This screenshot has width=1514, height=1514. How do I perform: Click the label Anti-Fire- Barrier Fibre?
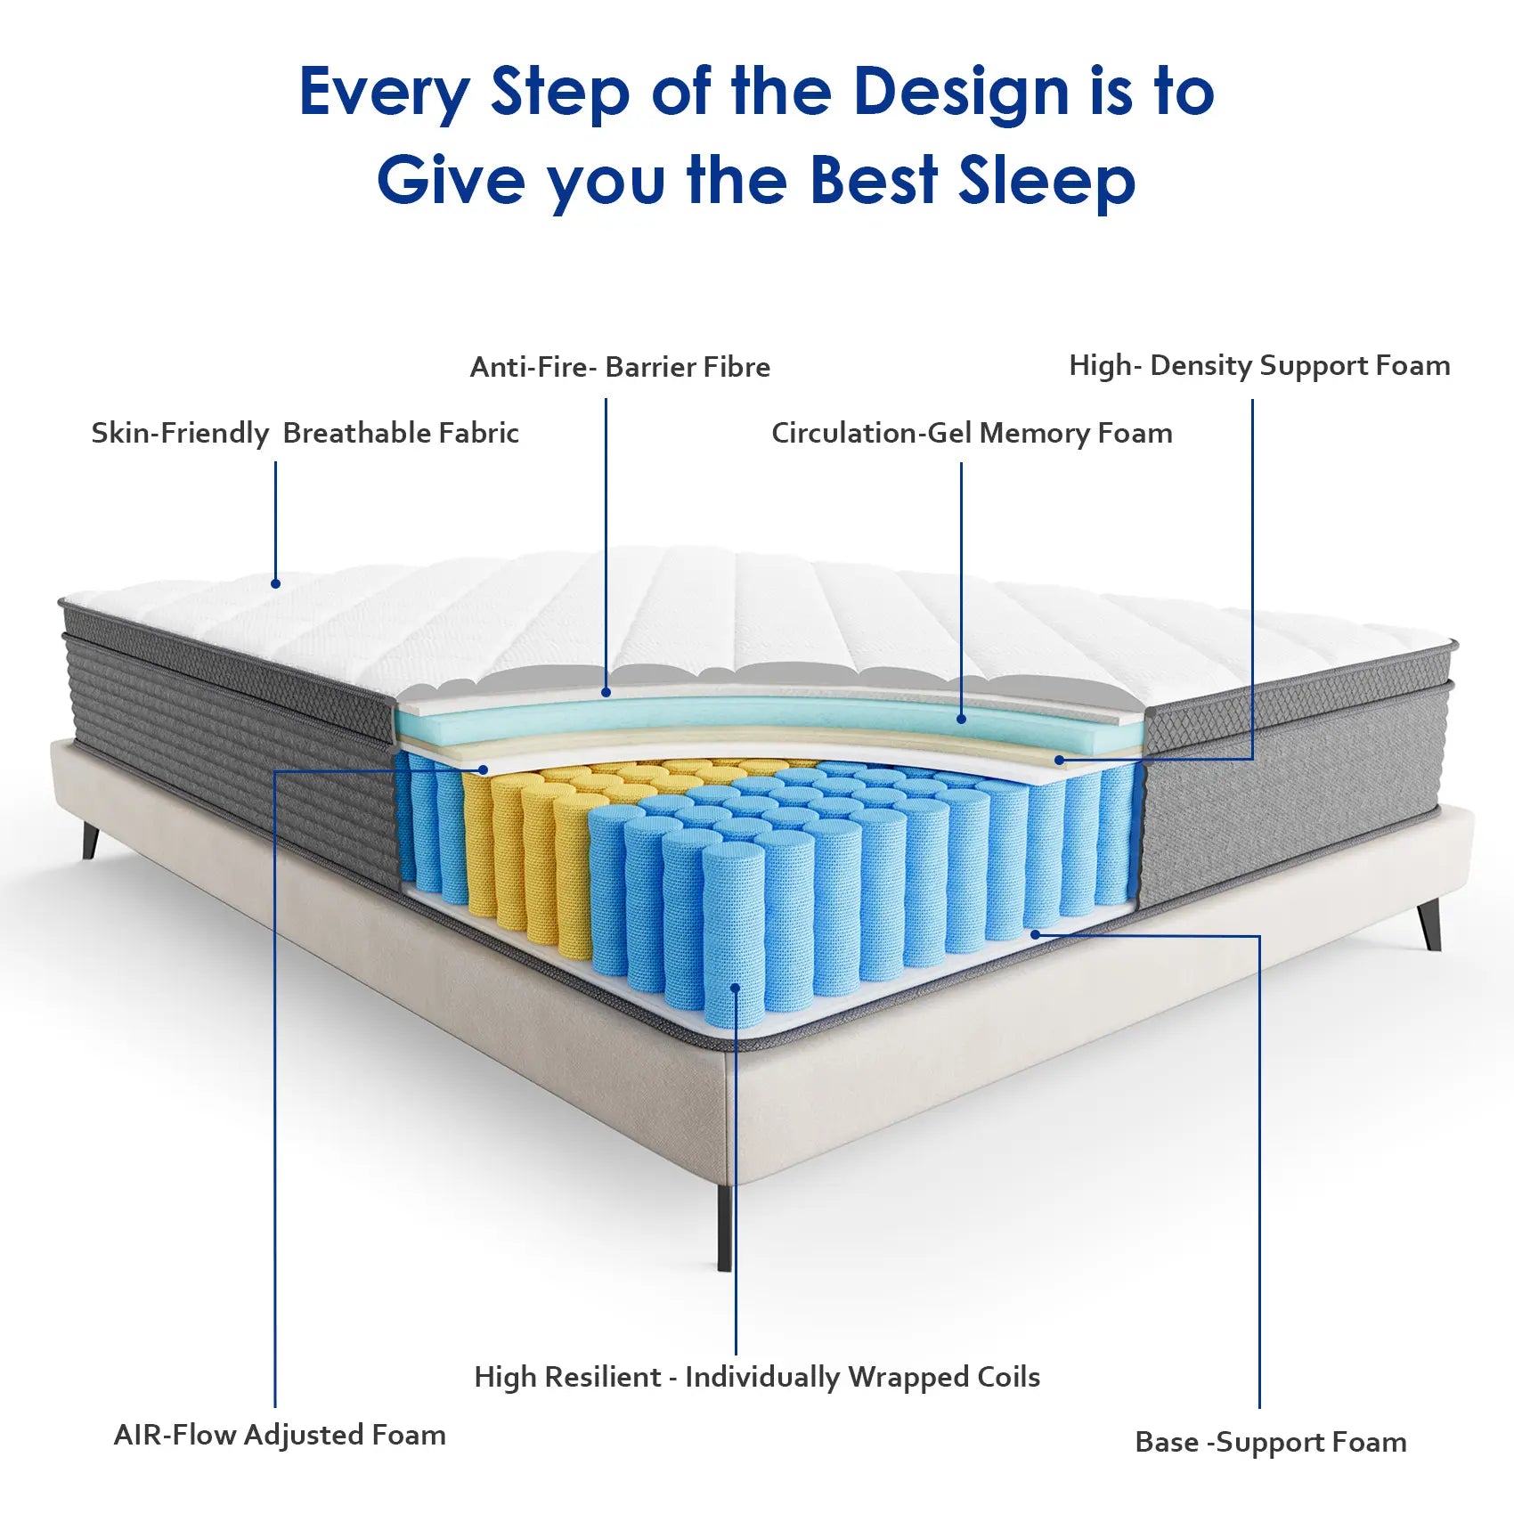[x=620, y=367]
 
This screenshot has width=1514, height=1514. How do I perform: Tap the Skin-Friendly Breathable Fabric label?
[x=305, y=433]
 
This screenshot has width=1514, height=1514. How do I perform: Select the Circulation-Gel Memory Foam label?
[x=972, y=434]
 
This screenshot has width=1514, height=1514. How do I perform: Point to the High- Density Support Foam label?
[x=1259, y=366]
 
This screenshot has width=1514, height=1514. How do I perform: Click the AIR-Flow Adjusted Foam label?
[x=280, y=1435]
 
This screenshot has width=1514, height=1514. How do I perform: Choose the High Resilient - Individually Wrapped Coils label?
[x=757, y=1377]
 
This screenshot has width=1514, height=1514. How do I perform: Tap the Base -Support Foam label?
[x=1271, y=1442]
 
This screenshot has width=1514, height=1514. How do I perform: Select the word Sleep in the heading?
[x=1046, y=182]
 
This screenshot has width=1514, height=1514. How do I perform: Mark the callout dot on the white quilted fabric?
[x=276, y=583]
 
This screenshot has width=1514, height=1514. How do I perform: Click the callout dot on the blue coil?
[x=735, y=987]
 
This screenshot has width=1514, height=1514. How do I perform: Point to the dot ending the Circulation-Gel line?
[x=962, y=718]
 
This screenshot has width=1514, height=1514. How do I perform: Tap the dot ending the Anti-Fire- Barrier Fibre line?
[x=606, y=691]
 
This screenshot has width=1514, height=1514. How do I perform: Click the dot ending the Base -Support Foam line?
[x=1035, y=934]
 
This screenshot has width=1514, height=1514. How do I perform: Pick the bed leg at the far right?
[x=1429, y=924]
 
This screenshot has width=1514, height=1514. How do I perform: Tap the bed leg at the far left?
[x=90, y=840]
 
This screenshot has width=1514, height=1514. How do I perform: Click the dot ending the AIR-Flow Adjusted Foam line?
[x=484, y=769]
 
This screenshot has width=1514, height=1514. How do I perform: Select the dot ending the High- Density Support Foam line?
[x=1060, y=760]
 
